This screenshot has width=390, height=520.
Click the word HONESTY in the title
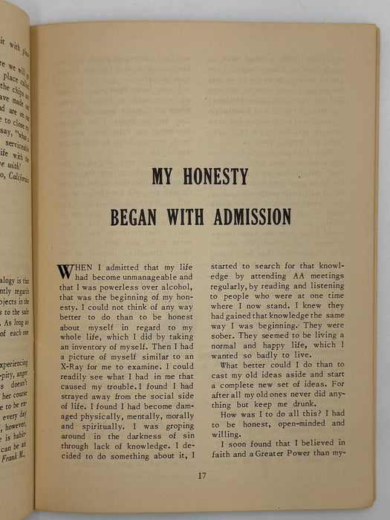click(x=215, y=177)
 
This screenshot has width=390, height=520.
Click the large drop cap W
click(x=65, y=272)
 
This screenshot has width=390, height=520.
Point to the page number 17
click(x=203, y=476)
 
